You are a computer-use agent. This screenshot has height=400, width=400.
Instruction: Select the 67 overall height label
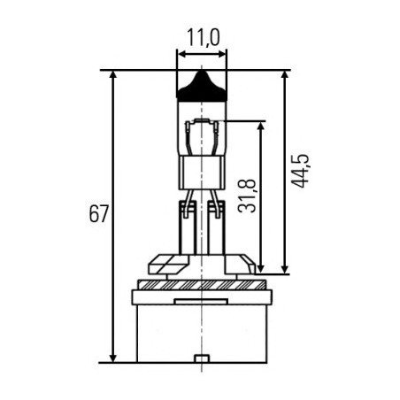98,215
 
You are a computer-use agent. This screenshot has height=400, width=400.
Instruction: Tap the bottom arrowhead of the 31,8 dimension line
261,266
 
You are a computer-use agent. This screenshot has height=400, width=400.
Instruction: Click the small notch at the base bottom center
202,358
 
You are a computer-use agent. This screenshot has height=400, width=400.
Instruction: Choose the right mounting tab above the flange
239,264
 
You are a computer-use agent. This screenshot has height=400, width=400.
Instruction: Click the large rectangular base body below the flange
202,332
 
